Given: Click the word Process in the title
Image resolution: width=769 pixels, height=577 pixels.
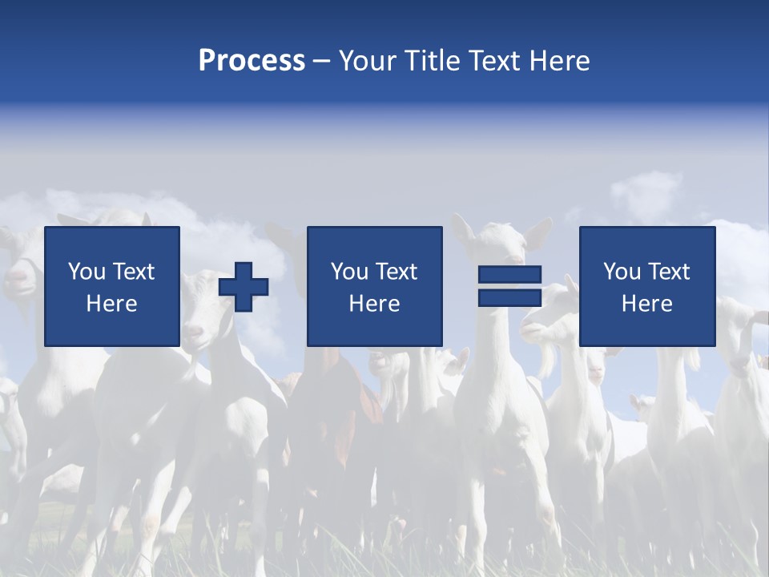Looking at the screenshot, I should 252,61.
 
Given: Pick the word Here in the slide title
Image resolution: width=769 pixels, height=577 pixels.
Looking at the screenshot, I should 562,61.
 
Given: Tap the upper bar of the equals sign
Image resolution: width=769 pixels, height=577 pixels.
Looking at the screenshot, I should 509,275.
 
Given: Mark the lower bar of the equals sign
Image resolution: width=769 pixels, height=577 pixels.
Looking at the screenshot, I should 509,297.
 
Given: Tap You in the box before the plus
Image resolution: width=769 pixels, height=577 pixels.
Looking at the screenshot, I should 86,272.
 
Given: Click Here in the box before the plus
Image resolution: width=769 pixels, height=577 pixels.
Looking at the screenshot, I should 111,304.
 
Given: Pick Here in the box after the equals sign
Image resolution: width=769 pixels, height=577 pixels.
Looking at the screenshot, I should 646,304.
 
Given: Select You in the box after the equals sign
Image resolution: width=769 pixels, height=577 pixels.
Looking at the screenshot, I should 621,272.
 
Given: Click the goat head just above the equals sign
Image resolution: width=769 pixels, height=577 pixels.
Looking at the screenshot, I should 498,240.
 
